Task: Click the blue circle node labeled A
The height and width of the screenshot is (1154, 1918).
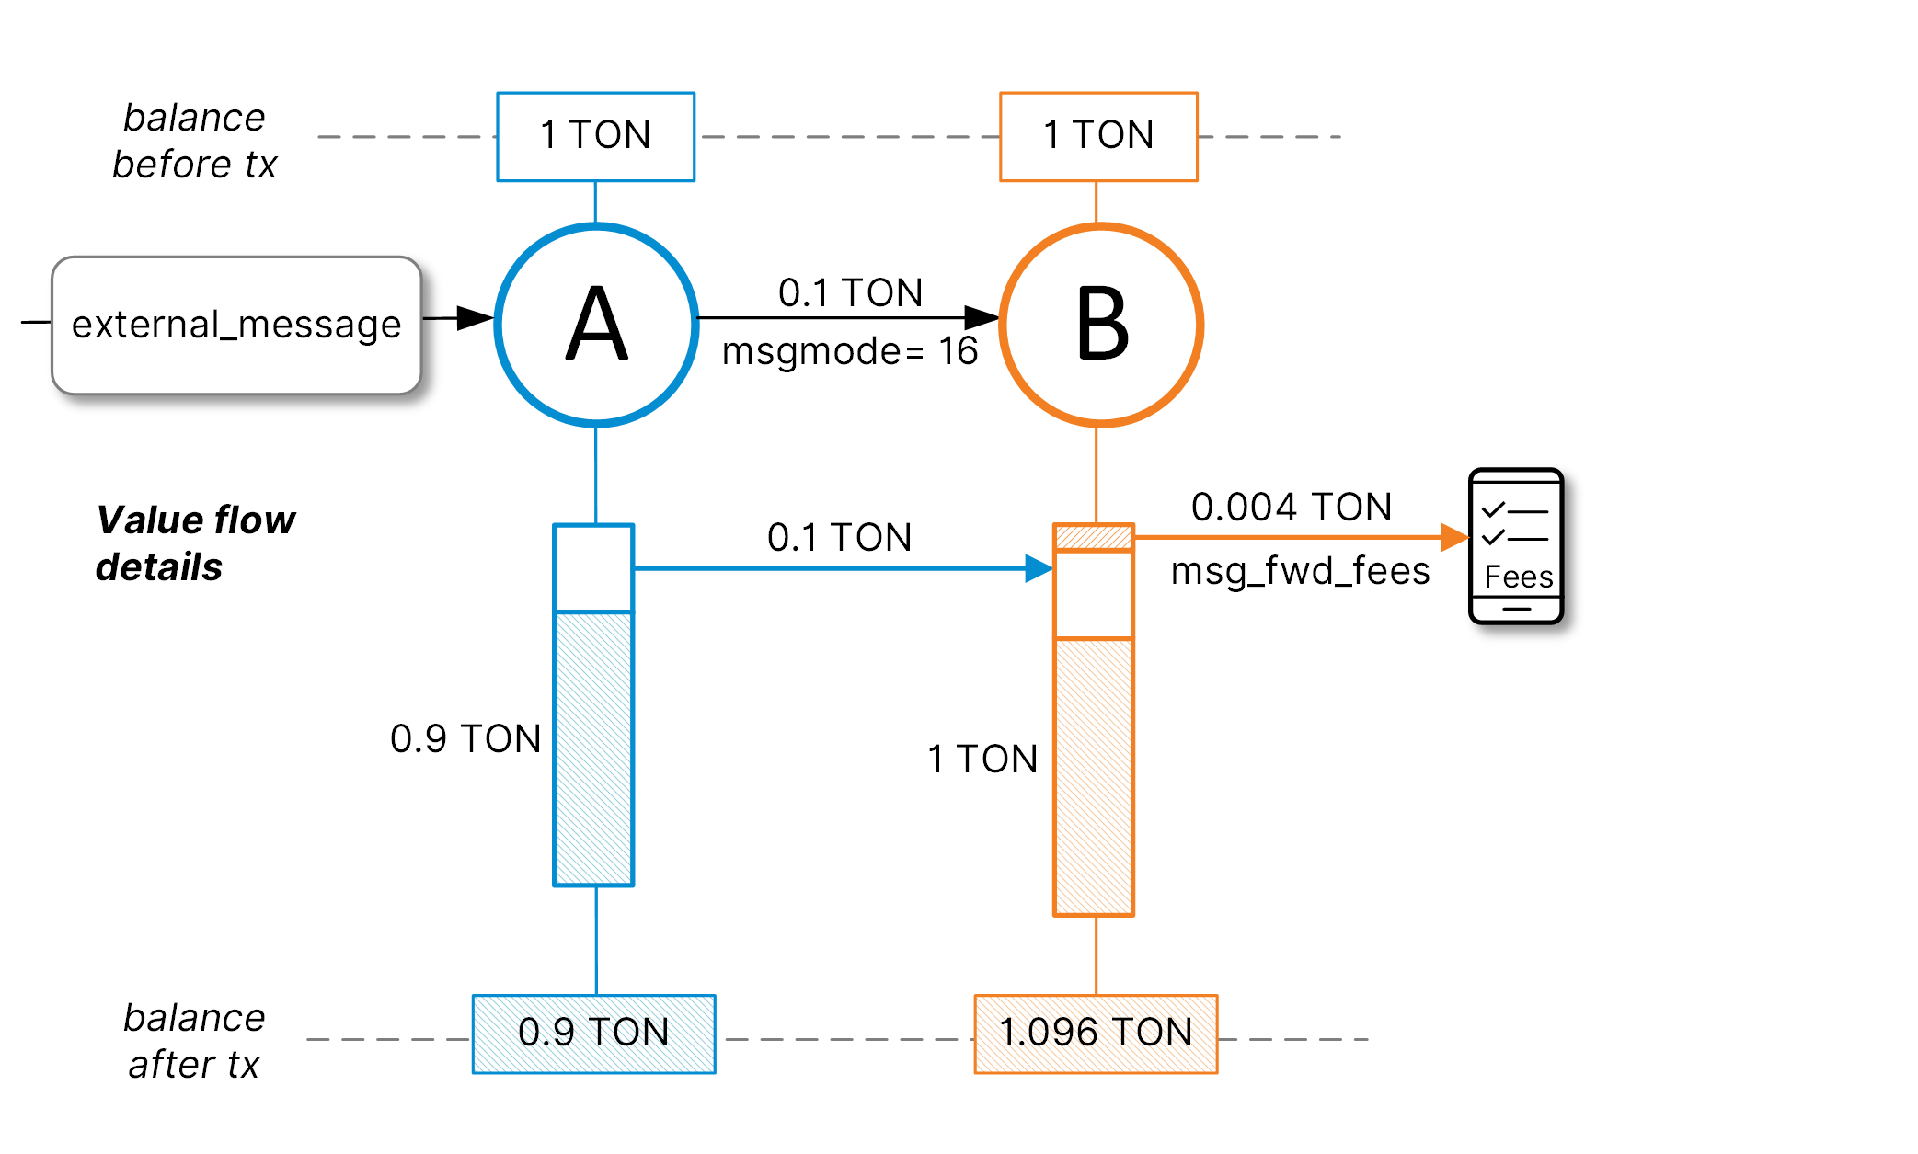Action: [x=596, y=325]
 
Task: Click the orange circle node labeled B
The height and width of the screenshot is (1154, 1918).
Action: [x=1100, y=325]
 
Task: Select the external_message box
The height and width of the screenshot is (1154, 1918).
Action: [x=236, y=325]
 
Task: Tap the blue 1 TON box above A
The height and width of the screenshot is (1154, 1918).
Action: [x=595, y=136]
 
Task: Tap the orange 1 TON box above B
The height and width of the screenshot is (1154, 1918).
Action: [x=1098, y=136]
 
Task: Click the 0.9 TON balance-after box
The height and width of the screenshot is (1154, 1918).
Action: [x=593, y=1034]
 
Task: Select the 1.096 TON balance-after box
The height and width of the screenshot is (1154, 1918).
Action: [x=1096, y=1034]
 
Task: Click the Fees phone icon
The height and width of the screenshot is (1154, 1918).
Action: [x=1516, y=546]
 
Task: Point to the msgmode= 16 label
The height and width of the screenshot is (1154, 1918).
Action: [x=849, y=352]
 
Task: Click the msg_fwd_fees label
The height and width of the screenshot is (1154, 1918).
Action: [x=1300, y=571]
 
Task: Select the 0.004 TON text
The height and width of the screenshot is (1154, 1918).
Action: [x=1291, y=507]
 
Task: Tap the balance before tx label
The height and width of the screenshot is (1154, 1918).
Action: [x=194, y=141]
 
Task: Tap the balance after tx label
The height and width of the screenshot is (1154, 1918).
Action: [x=194, y=1041]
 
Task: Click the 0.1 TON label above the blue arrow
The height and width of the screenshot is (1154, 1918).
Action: [x=839, y=538]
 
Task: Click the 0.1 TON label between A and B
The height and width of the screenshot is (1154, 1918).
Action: [x=850, y=293]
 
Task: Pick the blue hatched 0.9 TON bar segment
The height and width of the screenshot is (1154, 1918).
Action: [x=593, y=748]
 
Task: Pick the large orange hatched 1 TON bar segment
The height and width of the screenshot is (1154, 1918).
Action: [x=1093, y=777]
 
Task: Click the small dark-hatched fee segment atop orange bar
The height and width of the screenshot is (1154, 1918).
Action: [x=1093, y=537]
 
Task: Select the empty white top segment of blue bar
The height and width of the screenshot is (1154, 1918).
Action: [x=593, y=567]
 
